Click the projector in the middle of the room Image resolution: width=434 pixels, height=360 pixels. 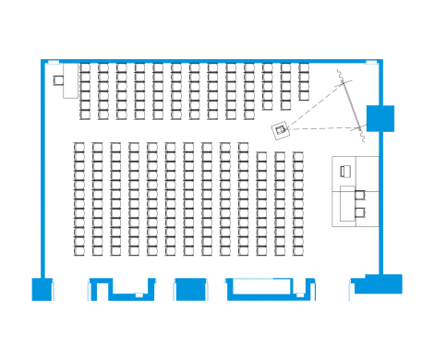click(280, 130)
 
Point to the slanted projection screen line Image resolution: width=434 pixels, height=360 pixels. click(351, 105)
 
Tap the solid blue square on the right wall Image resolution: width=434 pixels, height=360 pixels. click(380, 119)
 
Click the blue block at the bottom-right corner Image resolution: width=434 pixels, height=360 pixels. click(382, 283)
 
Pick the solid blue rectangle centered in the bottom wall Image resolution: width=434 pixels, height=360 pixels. click(190, 290)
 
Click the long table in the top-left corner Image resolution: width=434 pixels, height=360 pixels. click(70, 81)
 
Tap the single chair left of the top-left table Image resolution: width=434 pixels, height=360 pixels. click(59, 82)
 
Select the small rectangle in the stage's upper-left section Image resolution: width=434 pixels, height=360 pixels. click(344, 171)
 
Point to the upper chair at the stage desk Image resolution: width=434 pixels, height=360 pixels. click(360, 194)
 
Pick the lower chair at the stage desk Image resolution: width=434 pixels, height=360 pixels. click(360, 213)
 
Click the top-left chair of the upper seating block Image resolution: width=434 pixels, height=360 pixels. click(85, 68)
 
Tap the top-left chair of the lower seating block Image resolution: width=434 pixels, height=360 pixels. click(79, 147)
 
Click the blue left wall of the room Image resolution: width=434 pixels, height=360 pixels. click(41, 166)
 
